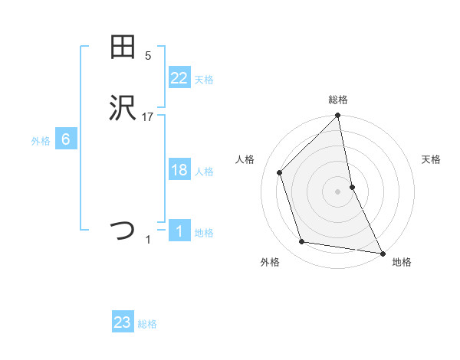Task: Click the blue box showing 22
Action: coord(179,77)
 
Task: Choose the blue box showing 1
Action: coord(179,231)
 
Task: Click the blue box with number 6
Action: coord(66,139)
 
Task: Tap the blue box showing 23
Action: coord(123,322)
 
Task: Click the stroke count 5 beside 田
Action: coord(148,55)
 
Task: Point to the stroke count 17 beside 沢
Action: coord(148,117)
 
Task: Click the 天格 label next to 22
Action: coord(204,80)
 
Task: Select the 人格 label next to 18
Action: coord(204,172)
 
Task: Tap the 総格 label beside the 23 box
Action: coord(147,325)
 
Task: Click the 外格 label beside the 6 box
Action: coord(41,142)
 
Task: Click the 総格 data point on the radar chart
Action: coord(337,116)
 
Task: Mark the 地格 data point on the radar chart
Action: coord(382,253)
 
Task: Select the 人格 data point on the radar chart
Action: coord(280,172)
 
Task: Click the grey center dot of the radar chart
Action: coord(337,191)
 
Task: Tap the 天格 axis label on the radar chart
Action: coord(431,159)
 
